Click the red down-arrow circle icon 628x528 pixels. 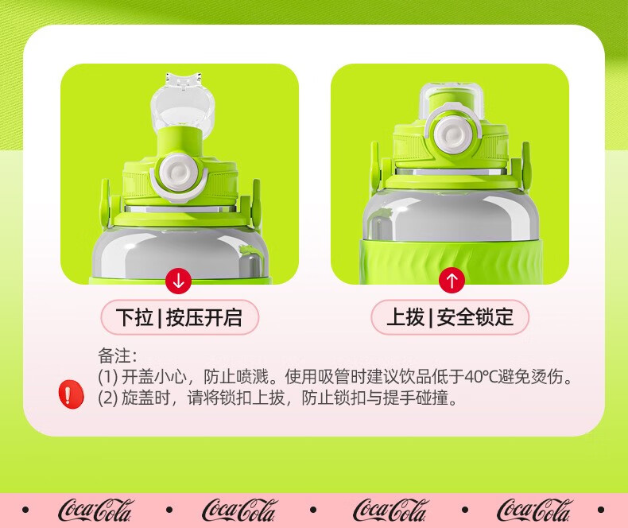(x=178, y=281)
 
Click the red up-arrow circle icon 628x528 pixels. (x=452, y=281)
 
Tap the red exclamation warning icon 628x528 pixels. (x=72, y=394)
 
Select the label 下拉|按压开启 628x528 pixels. (x=180, y=317)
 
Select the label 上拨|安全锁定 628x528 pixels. (x=450, y=317)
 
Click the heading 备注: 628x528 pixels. (x=118, y=355)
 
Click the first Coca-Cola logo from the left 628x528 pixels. (x=95, y=511)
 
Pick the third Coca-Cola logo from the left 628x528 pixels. (x=390, y=511)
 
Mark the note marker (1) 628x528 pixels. (x=108, y=377)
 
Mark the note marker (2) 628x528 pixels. (x=108, y=398)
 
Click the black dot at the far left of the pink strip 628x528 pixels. (x=25, y=510)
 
